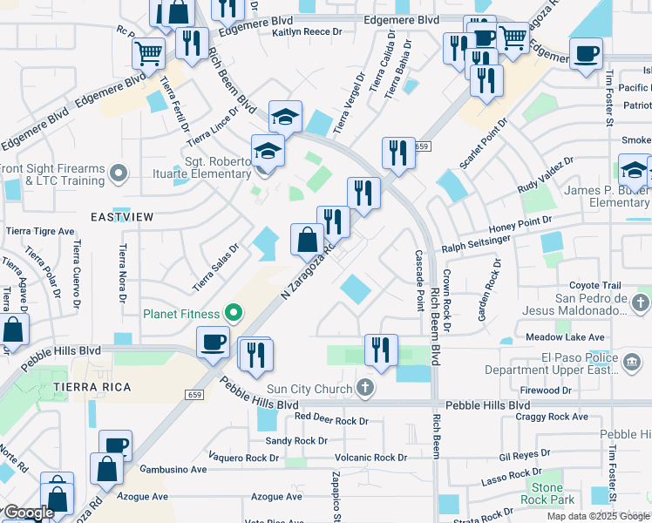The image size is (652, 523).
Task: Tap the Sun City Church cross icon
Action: [x=365, y=386]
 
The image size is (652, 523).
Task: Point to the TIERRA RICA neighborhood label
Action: [x=92, y=386]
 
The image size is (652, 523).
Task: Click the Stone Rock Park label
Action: [x=548, y=493]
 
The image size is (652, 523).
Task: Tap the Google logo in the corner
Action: [x=28, y=513]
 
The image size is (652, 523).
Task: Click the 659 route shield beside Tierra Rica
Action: [x=194, y=395]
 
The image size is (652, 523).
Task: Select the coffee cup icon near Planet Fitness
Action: [x=213, y=343]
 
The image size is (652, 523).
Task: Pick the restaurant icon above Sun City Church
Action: [x=380, y=350]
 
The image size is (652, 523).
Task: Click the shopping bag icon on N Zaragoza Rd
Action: [x=307, y=240]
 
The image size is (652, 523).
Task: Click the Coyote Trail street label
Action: [x=594, y=285]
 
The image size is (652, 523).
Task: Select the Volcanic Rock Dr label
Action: [x=371, y=457]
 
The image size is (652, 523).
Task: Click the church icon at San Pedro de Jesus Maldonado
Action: [x=640, y=303]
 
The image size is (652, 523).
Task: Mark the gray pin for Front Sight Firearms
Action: [x=119, y=175]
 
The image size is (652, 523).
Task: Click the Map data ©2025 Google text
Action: [x=598, y=516]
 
